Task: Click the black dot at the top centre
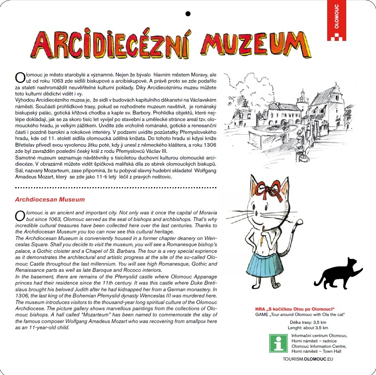point(188,14)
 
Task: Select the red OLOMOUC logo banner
point(336,20)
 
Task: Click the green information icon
point(278,342)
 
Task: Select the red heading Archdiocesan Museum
point(50,199)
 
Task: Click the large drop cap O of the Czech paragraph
point(18,77)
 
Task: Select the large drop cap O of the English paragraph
point(18,215)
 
